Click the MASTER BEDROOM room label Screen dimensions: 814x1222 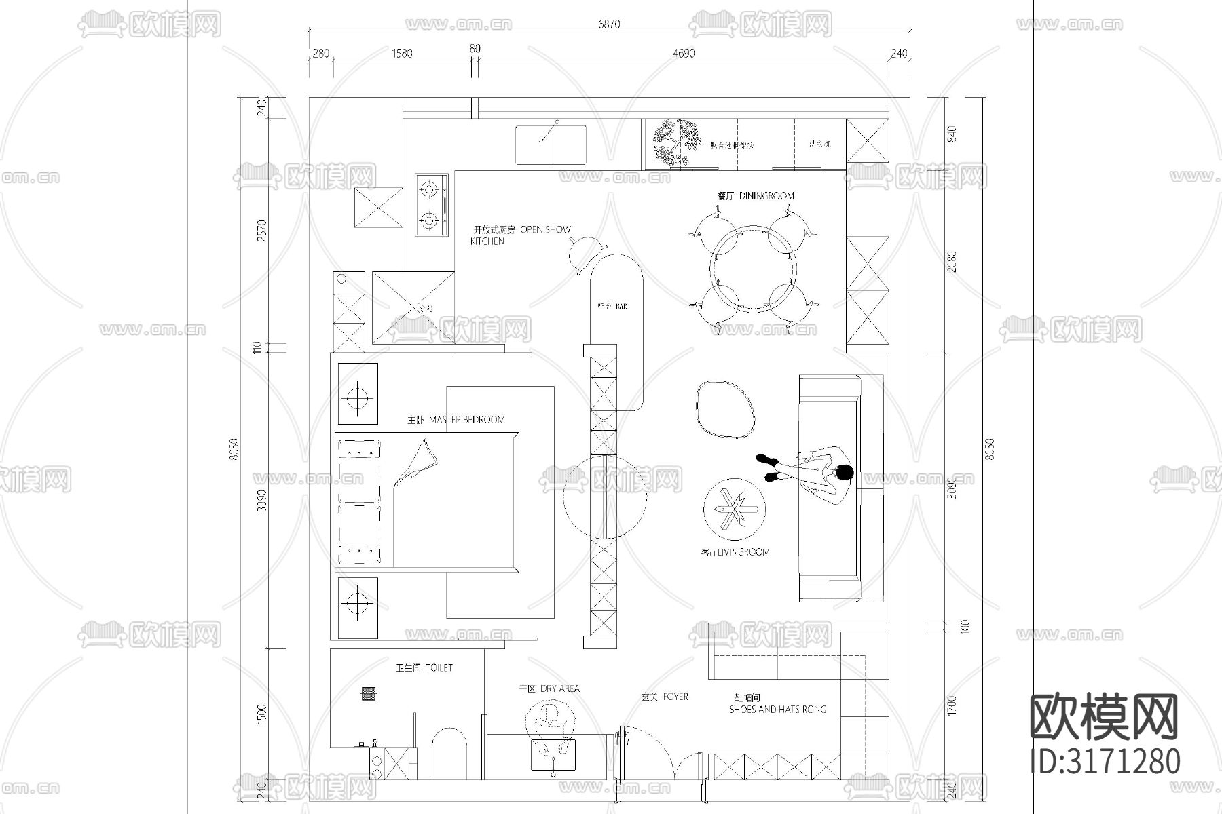click(x=456, y=420)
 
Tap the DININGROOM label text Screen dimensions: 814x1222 click(x=756, y=196)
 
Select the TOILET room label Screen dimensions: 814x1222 click(x=424, y=668)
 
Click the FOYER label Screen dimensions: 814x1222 click(x=665, y=697)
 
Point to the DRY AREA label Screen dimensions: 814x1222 click(x=549, y=689)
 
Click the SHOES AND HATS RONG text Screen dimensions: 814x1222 click(x=777, y=710)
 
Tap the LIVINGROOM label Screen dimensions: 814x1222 click(x=735, y=552)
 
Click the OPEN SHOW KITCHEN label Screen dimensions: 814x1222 click(x=521, y=235)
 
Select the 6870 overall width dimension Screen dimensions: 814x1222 click(x=609, y=24)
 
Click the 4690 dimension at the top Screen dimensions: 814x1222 click(x=683, y=54)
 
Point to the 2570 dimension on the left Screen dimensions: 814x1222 click(x=263, y=231)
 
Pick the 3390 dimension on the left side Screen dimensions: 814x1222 click(x=263, y=501)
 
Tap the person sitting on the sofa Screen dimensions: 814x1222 click(x=815, y=471)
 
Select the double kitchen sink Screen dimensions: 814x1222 click(x=550, y=144)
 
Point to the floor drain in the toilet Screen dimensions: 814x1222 click(x=369, y=693)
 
